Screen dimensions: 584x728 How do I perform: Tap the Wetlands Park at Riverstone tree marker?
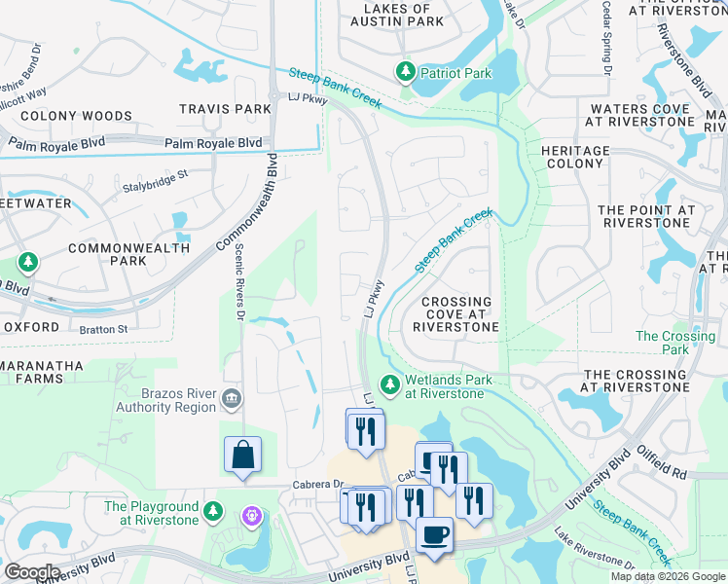coord(390,386)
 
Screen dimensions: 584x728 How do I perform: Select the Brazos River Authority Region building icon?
coord(232,397)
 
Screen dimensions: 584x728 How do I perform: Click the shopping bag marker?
coord(242,455)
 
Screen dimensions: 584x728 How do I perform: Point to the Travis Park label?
coord(225,109)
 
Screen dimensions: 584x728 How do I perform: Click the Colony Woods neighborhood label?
coord(62,116)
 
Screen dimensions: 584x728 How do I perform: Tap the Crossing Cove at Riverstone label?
coord(455,315)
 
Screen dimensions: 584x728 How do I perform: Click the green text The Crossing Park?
coord(674,343)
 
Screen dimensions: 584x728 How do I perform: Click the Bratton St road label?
coord(102,329)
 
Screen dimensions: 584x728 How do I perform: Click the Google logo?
coord(32,572)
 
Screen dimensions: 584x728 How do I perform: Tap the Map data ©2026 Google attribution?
coord(667,576)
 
